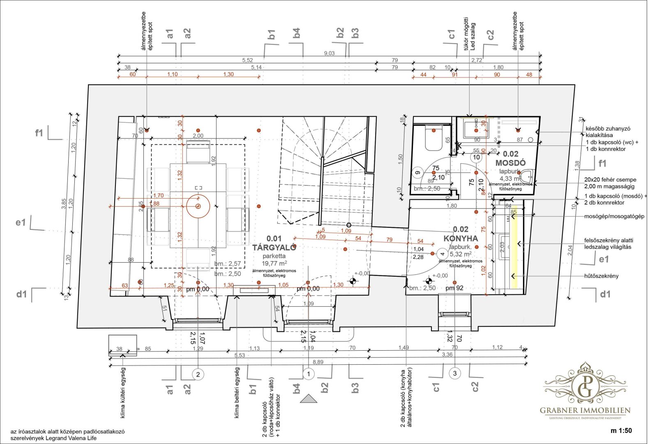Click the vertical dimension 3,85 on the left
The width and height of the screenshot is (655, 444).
click(x=64, y=204)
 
